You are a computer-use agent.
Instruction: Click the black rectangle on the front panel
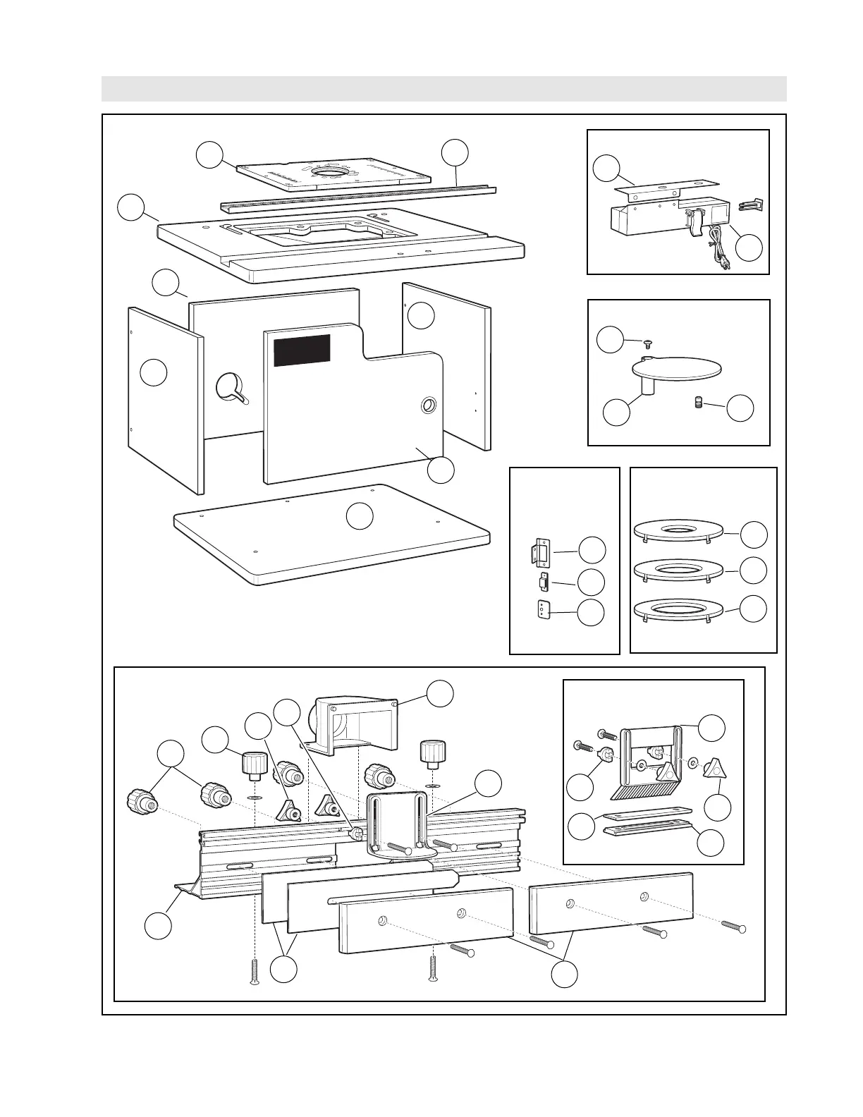click(x=302, y=350)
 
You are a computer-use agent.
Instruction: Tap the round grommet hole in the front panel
click(x=428, y=405)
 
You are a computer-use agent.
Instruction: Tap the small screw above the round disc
click(x=647, y=343)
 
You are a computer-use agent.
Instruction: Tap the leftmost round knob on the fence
click(x=138, y=800)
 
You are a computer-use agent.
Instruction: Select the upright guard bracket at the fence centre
click(x=398, y=822)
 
